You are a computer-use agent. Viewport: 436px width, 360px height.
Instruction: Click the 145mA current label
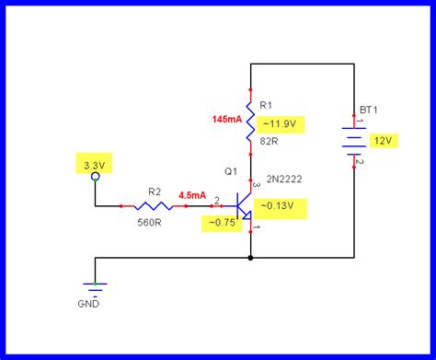tap(226, 120)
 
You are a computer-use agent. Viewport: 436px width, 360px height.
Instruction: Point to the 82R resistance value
tap(269, 141)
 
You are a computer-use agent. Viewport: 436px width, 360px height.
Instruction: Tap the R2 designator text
tap(154, 192)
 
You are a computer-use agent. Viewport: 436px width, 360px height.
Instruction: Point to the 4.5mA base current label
tap(192, 194)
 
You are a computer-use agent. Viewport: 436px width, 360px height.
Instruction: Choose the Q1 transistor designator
tap(230, 171)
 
